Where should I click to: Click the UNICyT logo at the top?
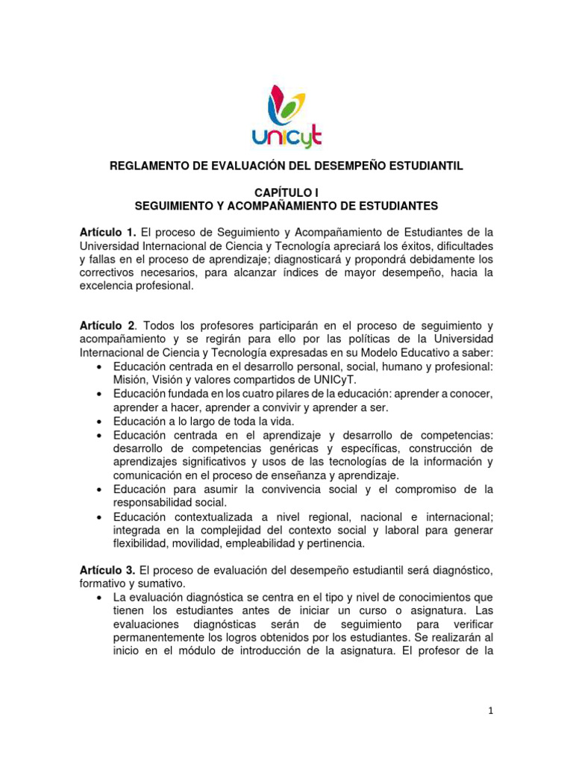tap(286, 116)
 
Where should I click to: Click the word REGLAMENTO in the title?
tap(152, 166)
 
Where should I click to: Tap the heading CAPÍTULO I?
tap(286, 192)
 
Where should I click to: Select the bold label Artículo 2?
tap(107, 326)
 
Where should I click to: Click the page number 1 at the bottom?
tap(489, 711)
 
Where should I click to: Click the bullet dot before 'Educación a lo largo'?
tap(101, 422)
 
